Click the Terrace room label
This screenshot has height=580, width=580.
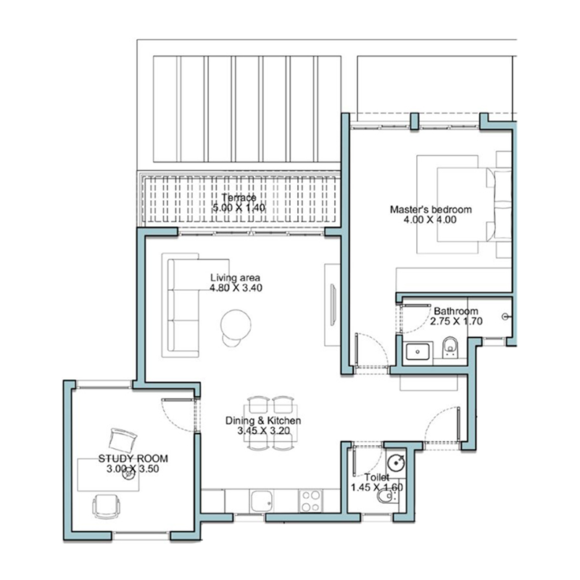coord(239,197)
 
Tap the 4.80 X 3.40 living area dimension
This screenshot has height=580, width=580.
coord(236,288)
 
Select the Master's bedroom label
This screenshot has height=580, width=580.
coord(431,210)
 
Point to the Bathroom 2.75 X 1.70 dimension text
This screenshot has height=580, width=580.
coord(456,321)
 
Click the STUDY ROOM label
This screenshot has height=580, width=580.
coord(133,459)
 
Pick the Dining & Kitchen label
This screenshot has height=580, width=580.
coord(263,420)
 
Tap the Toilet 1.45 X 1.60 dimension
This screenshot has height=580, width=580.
coord(376,487)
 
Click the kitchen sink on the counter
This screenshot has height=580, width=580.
coord(262,501)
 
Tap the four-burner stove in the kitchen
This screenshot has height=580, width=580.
coord(310,501)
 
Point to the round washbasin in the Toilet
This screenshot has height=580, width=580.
coord(396,463)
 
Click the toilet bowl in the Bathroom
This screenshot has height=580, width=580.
coord(449,347)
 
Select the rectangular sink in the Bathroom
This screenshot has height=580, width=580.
coord(418,352)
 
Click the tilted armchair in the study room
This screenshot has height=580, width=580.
coord(123,440)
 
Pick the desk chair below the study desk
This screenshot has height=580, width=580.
coord(107,506)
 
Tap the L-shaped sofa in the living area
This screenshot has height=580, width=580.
coord(184,304)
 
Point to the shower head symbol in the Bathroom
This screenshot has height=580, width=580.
coord(506,317)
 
